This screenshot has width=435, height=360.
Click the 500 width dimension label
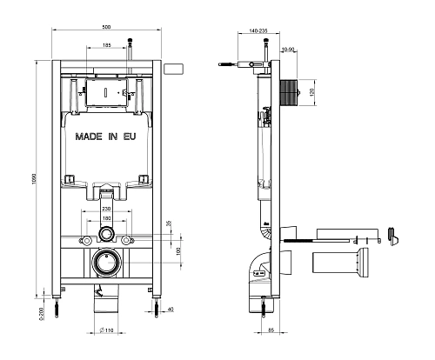(x=104, y=26)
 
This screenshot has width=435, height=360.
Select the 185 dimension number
(x=105, y=44)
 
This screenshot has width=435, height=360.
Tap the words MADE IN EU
(x=104, y=137)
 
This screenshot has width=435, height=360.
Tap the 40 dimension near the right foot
(x=171, y=309)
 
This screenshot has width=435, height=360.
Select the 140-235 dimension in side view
(x=258, y=30)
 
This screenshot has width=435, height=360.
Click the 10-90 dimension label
(x=288, y=49)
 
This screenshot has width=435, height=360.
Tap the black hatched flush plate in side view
(x=291, y=90)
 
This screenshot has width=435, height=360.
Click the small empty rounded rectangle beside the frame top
(x=174, y=68)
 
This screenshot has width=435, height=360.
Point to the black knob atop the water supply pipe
(x=131, y=40)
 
